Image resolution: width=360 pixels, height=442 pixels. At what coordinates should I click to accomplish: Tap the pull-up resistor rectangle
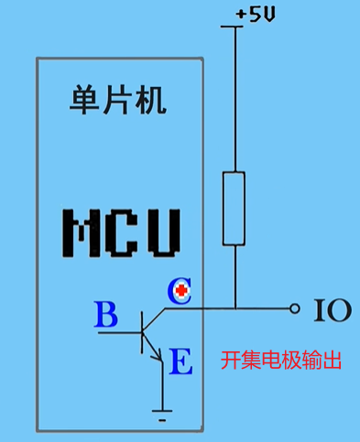[235, 208]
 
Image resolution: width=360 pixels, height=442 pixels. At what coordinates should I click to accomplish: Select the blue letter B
[106, 317]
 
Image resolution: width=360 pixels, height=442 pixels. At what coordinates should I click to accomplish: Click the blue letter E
[181, 363]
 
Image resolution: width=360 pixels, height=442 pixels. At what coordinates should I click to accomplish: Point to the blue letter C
[177, 291]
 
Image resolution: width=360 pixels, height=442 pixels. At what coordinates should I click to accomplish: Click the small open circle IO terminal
[294, 309]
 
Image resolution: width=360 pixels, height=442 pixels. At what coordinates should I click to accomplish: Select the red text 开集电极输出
[281, 360]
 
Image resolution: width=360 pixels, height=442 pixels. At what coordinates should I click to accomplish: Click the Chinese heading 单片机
[118, 101]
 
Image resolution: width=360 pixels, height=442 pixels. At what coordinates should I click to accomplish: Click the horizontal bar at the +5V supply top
[235, 26]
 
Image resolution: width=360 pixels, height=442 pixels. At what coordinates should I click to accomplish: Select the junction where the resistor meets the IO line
[235, 309]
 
